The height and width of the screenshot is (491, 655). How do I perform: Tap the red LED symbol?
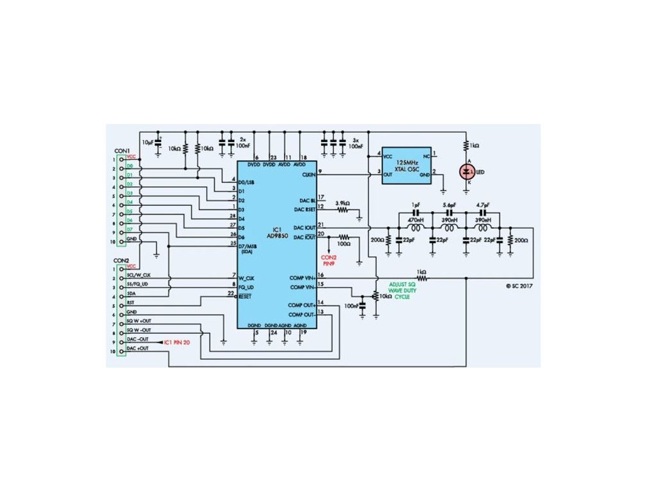468,171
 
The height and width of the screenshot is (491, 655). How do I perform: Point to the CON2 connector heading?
122,261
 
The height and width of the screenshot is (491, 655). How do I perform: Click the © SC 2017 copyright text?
519,286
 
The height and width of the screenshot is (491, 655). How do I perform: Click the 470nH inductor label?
416,219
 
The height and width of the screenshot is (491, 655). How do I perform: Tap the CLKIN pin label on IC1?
308,174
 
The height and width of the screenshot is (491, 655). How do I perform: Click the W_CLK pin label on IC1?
246,278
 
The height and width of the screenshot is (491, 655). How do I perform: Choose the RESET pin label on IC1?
246,297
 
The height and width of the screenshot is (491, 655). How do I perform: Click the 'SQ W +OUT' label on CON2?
140,320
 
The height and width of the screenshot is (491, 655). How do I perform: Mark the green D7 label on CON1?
130,228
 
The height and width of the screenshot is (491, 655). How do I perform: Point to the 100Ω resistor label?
345,244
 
